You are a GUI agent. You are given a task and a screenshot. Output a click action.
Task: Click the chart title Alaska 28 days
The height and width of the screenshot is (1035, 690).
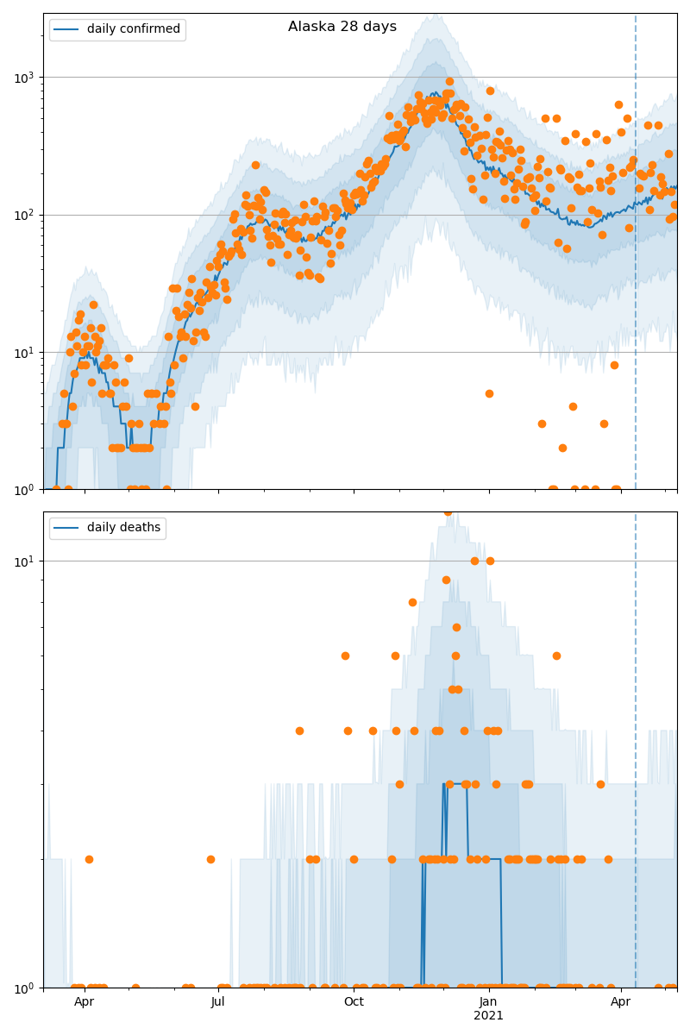pyautogui.click(x=342, y=27)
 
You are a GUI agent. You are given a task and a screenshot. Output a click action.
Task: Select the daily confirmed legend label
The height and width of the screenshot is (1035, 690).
pyautogui.click(x=133, y=29)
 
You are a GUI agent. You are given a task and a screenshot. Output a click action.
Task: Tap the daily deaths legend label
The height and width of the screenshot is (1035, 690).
pyautogui.click(x=123, y=528)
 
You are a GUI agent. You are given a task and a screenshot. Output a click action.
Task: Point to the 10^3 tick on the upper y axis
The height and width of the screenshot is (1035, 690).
pyautogui.click(x=22, y=78)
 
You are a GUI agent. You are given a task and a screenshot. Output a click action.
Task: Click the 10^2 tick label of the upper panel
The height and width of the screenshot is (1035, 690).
pyautogui.click(x=22, y=215)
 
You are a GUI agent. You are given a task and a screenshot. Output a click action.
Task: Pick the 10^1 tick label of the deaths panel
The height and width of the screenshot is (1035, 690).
pyautogui.click(x=22, y=561)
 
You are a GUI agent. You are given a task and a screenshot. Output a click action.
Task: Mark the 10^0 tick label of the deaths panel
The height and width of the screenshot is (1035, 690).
pyautogui.click(x=22, y=988)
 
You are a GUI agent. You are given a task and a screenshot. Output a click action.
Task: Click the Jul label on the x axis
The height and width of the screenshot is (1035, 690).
pyautogui.click(x=218, y=1002)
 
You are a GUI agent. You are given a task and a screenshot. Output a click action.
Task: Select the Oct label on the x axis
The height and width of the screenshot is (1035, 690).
pyautogui.click(x=354, y=1002)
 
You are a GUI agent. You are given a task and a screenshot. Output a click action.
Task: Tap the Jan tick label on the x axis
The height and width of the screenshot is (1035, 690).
pyautogui.click(x=488, y=1002)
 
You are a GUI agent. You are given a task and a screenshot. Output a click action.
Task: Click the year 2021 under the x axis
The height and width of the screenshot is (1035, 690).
pyautogui.click(x=488, y=1016)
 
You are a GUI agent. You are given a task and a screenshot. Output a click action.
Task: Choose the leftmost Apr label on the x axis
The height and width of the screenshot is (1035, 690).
pyautogui.click(x=84, y=1002)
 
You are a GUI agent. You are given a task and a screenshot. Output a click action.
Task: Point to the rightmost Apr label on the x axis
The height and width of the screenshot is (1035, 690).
pyautogui.click(x=620, y=1002)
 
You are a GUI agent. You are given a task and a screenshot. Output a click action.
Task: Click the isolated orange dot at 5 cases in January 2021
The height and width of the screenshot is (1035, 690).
pyautogui.click(x=489, y=393)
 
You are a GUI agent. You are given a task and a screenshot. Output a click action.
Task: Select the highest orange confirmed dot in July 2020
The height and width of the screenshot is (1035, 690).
pyautogui.click(x=255, y=165)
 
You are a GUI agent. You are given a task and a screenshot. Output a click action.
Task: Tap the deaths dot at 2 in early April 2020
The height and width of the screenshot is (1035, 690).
pyautogui.click(x=89, y=859)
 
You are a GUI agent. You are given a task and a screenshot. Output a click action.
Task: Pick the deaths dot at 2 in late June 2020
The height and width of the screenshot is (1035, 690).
pyautogui.click(x=210, y=859)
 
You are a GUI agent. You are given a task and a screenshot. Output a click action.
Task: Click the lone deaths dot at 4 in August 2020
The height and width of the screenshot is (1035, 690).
pyautogui.click(x=299, y=731)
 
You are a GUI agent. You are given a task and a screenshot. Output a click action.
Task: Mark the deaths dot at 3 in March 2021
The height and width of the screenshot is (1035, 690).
pyautogui.click(x=600, y=784)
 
